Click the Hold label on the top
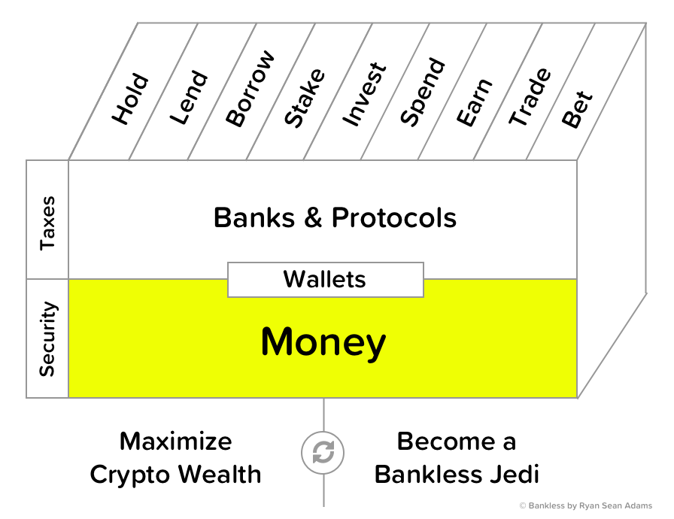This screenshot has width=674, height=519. [x=131, y=99]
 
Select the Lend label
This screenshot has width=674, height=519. [x=189, y=97]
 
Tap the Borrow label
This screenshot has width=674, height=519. [x=250, y=89]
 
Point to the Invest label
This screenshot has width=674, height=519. [x=364, y=94]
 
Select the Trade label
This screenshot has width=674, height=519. [x=530, y=97]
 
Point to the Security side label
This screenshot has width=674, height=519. [x=47, y=338]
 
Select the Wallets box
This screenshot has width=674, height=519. [x=325, y=280]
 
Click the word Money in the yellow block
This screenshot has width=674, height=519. [x=323, y=342]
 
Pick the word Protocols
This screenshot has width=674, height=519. [x=394, y=218]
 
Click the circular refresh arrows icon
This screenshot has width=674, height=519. [x=323, y=453]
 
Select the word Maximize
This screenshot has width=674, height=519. [x=176, y=442]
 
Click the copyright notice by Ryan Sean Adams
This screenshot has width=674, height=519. [x=586, y=506]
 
